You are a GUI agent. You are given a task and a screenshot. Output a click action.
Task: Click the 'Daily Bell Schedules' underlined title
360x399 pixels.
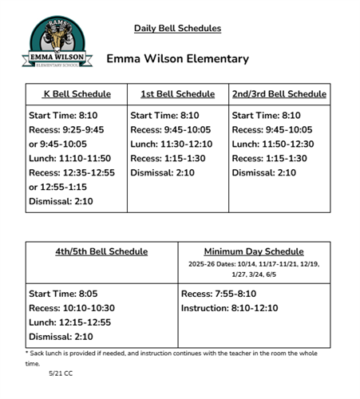[x=177, y=29]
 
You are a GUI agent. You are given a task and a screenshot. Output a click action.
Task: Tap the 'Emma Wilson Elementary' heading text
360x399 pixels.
[x=177, y=59]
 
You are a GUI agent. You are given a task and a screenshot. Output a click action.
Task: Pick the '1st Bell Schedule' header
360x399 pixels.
[x=177, y=94]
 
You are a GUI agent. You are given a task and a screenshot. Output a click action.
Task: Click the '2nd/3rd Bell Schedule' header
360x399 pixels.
[x=279, y=94]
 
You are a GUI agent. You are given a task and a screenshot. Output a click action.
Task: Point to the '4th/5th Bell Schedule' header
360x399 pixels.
[x=101, y=251]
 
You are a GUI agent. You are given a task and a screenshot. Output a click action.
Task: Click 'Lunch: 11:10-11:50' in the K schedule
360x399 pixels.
[x=70, y=159]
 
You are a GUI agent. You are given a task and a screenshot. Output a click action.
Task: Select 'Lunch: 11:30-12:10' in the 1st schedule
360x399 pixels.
[x=172, y=144]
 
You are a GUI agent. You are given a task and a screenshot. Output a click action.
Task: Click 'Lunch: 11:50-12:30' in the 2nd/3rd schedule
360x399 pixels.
[x=273, y=144]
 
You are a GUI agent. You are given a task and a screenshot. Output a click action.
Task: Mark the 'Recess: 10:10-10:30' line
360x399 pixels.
[x=73, y=308]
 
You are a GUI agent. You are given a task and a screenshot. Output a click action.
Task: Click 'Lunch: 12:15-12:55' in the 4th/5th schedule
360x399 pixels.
[x=71, y=322]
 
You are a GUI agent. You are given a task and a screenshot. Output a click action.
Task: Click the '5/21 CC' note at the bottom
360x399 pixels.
[x=61, y=373]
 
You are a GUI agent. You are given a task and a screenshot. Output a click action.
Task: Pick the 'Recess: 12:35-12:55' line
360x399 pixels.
[x=73, y=173]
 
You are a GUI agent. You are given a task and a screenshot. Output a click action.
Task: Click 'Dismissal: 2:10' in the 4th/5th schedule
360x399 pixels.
[x=62, y=337]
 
